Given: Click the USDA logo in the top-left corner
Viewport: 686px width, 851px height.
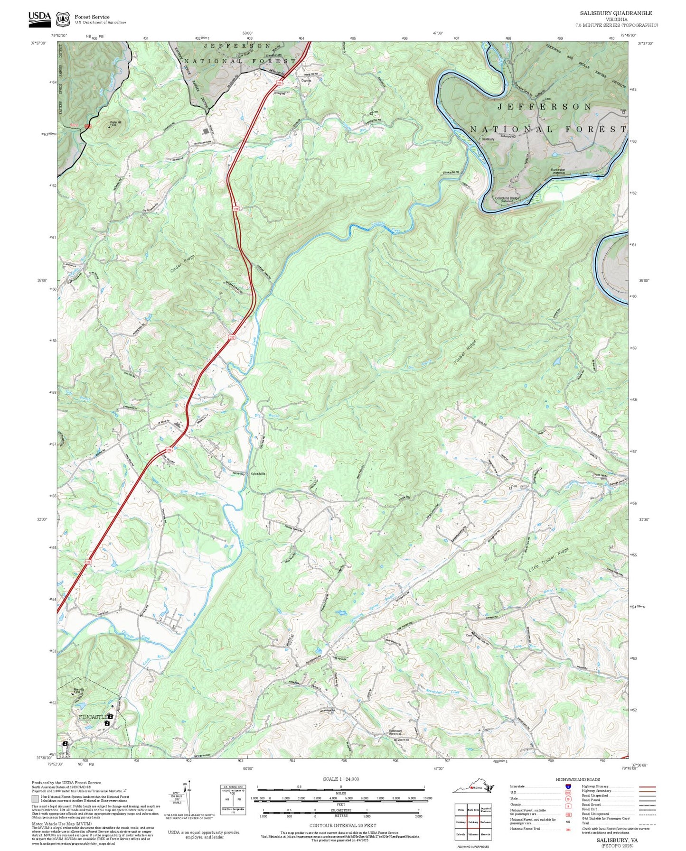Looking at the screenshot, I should (39, 18).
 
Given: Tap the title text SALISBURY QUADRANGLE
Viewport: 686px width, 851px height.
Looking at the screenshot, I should (616, 13).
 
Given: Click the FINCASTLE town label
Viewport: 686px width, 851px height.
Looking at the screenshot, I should (93, 717).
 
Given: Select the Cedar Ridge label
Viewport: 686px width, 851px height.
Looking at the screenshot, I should (182, 264).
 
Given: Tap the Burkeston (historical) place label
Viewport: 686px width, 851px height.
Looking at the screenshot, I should (558, 171).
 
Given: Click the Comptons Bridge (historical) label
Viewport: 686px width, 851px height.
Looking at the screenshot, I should (507, 199).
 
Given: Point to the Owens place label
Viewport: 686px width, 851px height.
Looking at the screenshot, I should (306, 81).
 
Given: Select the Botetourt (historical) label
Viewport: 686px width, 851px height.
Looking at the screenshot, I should (395, 732).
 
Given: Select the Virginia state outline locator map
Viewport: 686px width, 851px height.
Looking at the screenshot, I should (473, 788).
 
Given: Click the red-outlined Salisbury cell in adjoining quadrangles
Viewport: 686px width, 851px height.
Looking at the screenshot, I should (472, 822).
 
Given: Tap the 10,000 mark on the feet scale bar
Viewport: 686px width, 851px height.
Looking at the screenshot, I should (427, 798).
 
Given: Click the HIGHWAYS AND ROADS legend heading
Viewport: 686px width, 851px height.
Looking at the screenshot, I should (577, 779).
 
